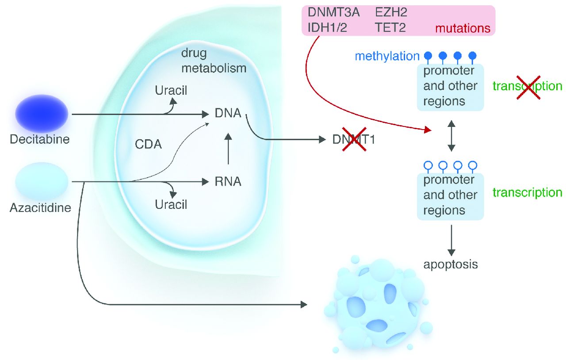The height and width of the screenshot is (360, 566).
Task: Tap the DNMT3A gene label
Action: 334,12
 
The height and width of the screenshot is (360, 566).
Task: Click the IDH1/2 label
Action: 327,28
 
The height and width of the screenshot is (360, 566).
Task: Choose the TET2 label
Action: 390,28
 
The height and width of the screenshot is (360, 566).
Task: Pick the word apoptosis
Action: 451,265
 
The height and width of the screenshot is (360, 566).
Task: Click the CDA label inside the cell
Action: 149,144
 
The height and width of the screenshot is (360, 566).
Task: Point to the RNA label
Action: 228,181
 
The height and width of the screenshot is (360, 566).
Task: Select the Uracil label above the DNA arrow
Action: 171,91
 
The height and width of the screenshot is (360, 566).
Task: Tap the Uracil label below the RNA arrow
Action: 171,205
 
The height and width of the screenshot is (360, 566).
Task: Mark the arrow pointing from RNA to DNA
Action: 228,148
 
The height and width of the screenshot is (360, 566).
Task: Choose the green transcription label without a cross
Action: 527,193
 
